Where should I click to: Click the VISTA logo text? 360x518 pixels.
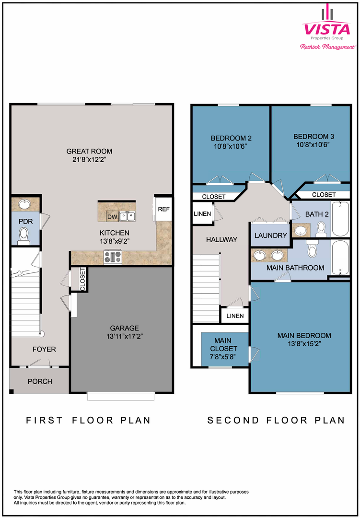tap(326, 29)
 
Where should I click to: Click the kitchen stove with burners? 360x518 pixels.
tap(113, 258)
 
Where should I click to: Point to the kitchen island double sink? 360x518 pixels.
tap(127, 216)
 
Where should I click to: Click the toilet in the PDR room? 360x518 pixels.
tap(23, 236)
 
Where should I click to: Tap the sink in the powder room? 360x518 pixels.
tap(24, 204)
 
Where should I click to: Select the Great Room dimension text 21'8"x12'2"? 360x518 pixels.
tap(89, 160)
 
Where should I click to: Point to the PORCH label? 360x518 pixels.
tap(40, 381)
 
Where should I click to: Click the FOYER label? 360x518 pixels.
tap(44, 349)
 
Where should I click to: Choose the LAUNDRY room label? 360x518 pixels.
tap(271, 235)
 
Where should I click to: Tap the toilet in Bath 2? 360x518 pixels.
tap(320, 230)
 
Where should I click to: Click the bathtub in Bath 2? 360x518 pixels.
tap(340, 218)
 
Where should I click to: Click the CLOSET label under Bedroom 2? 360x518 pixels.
tap(214, 197)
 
